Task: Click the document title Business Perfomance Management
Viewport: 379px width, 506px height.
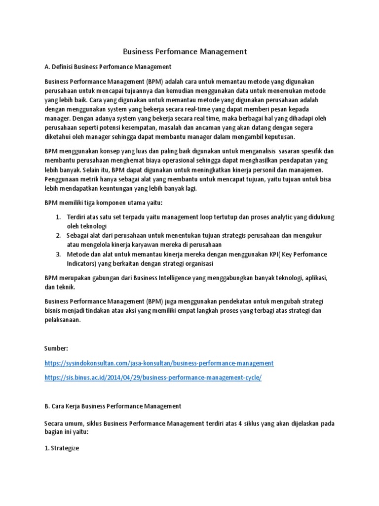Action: tap(185, 51)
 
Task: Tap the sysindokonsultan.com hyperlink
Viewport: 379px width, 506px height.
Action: tap(158, 363)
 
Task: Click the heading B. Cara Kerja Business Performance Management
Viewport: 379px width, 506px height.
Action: tap(113, 406)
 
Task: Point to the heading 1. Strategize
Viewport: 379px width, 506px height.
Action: tap(62, 450)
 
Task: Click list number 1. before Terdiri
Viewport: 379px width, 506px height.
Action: tap(58, 217)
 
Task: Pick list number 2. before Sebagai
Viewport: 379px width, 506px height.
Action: tap(58, 235)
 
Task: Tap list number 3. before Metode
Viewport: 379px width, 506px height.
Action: tap(58, 254)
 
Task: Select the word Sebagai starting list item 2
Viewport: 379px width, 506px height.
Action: tap(79, 235)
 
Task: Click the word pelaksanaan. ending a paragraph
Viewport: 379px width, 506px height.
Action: tap(62, 320)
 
